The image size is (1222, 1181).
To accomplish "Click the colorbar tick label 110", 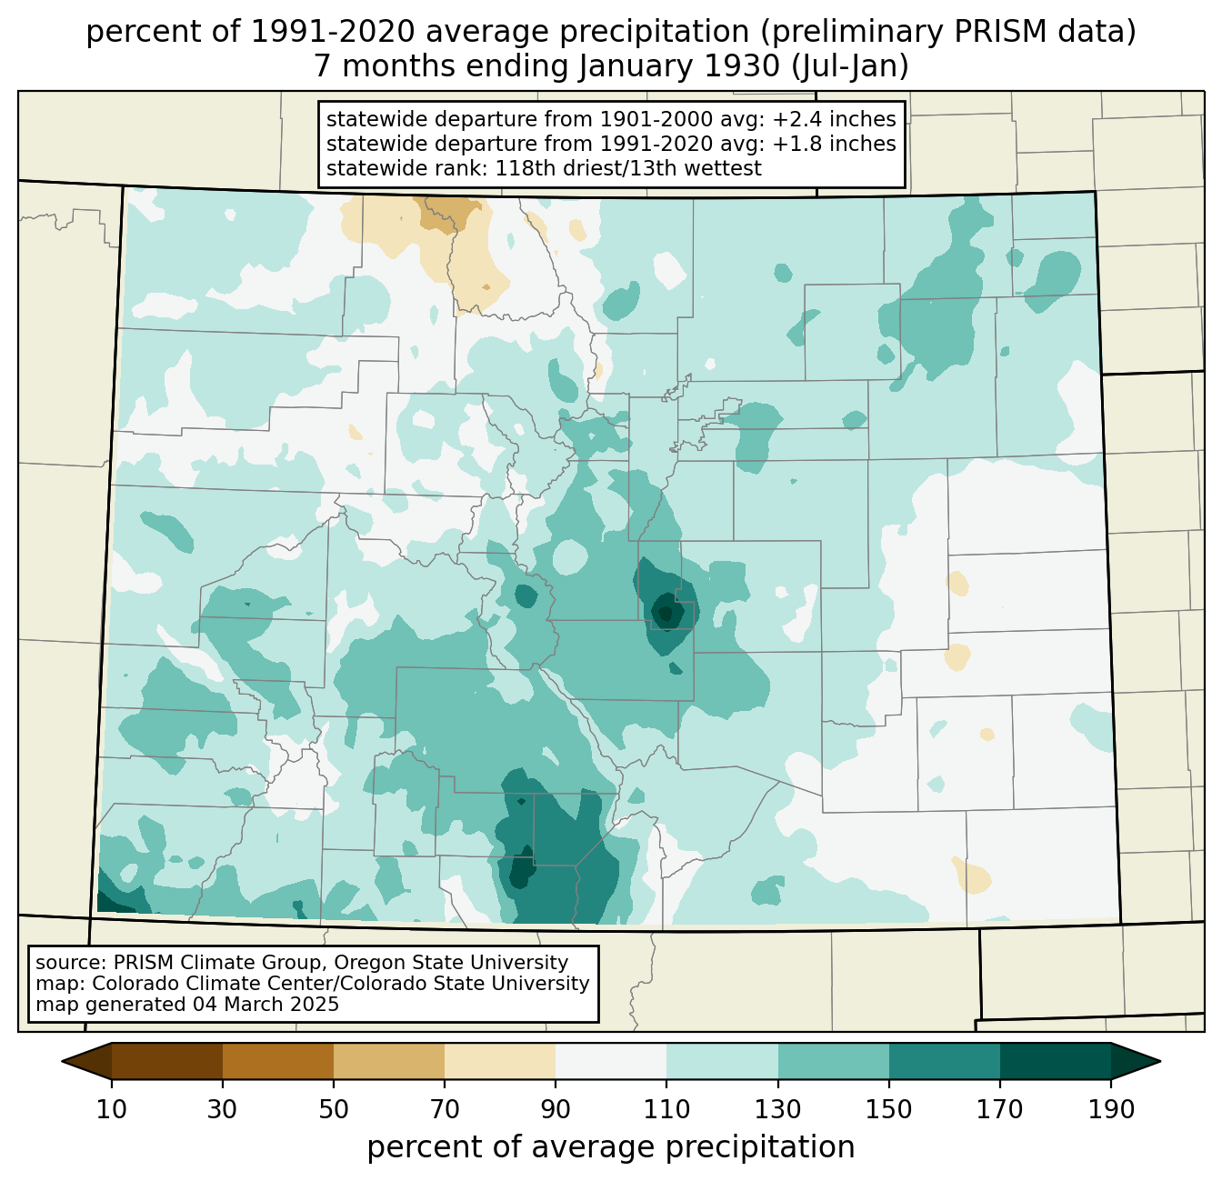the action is pos(666,1109).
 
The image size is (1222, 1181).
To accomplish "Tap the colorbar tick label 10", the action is pos(111,1109).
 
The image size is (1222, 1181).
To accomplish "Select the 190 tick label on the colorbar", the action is pos(1111,1109).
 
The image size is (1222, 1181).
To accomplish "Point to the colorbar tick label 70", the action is pos(445,1109).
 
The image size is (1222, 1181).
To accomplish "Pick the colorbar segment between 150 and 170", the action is pos(944,1061).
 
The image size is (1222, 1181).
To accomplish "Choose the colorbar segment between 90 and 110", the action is pos(611,1061).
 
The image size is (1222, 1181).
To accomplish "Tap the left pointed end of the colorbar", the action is pos(62,1061).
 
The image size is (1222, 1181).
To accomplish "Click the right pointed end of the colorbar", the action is pos(1160,1061).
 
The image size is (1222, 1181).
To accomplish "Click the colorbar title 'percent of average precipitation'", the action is pos(610,1146).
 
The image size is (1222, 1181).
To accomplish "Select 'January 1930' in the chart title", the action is pos(679,66).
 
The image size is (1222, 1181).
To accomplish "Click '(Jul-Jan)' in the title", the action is pos(849,66).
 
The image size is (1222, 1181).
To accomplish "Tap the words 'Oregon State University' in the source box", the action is pos(451,963).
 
